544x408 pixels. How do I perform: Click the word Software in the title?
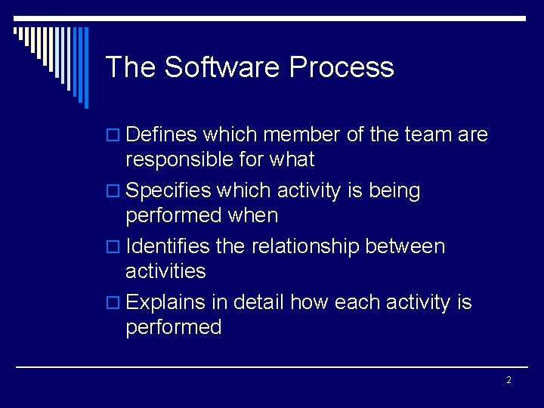223,67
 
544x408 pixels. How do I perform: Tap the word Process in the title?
341,67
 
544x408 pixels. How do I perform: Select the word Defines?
162,135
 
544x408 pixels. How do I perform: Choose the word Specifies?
169,191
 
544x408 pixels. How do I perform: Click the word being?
394,191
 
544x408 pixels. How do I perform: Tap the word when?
252,216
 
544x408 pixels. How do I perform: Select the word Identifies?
168,247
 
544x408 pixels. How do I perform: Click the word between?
405,247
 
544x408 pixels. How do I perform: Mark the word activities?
165,271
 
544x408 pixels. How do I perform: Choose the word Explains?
165,303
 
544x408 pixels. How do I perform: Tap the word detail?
258,303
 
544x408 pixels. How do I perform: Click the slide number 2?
508,380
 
